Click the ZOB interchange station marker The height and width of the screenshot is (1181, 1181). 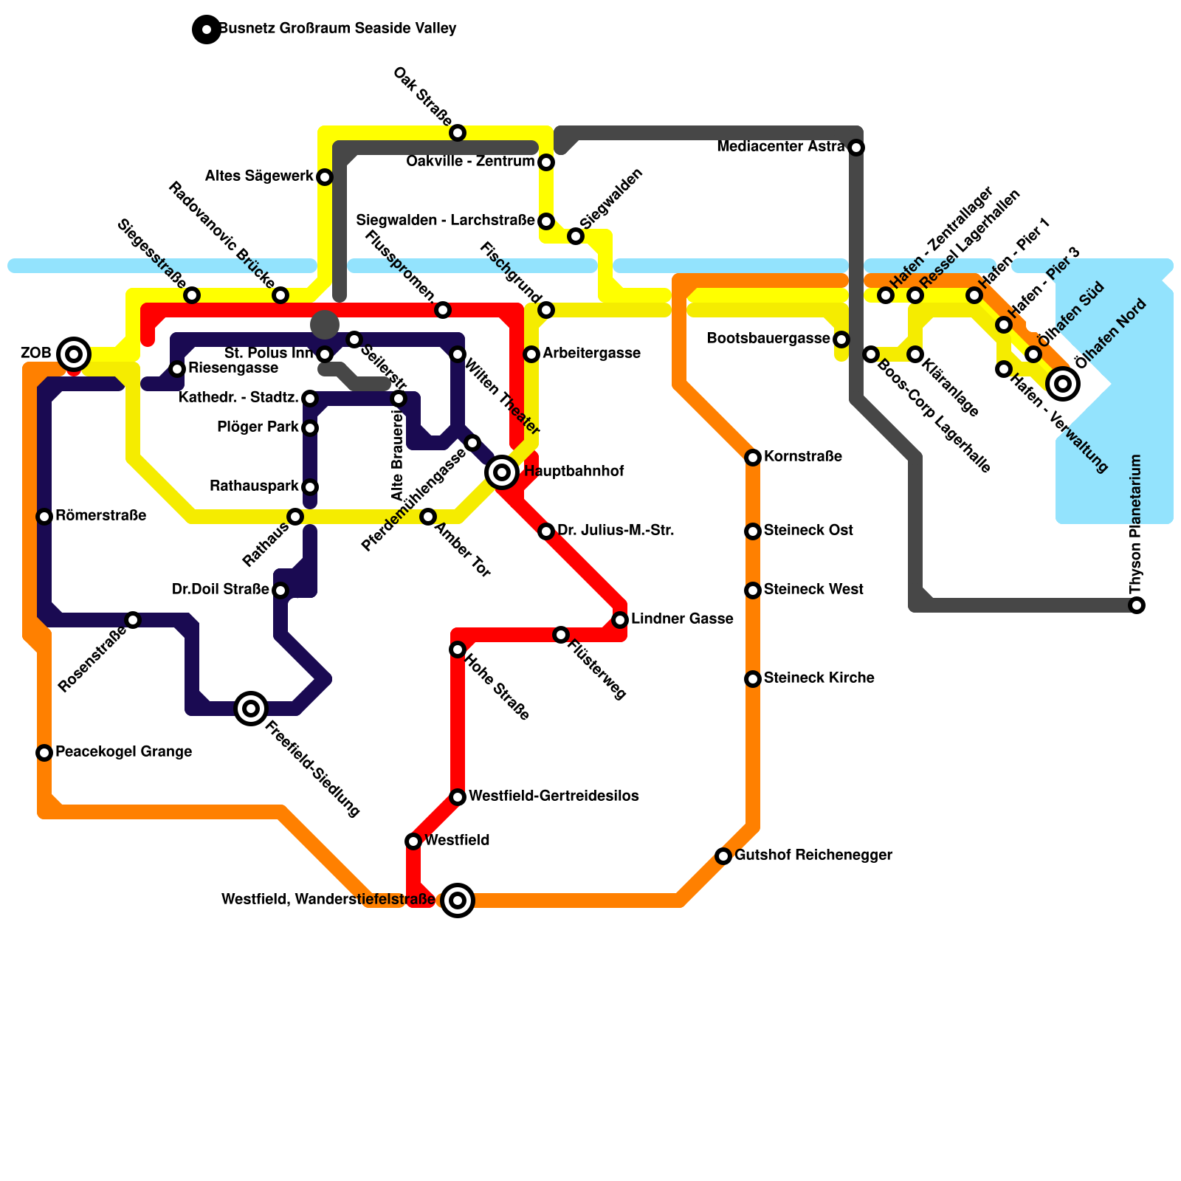[x=73, y=354]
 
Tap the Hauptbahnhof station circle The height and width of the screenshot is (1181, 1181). [x=502, y=472]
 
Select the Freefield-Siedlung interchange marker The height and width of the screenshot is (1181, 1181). [x=251, y=709]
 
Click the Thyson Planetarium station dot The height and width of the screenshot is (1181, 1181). [x=1137, y=605]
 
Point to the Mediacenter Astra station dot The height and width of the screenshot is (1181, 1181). [x=856, y=148]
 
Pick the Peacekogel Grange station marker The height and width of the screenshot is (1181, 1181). [x=44, y=753]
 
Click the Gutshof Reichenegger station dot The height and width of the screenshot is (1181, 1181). [x=723, y=856]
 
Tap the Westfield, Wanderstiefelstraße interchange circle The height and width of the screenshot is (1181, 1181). [x=458, y=901]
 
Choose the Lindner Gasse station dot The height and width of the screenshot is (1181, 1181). [x=620, y=620]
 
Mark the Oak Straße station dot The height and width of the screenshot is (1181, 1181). [x=458, y=133]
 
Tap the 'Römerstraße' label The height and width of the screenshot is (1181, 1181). [x=100, y=515]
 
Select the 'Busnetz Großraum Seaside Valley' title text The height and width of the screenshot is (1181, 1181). [x=338, y=29]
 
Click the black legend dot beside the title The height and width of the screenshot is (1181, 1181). [x=207, y=30]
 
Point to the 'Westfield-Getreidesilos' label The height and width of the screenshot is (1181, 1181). [x=554, y=796]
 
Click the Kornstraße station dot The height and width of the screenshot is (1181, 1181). [x=753, y=458]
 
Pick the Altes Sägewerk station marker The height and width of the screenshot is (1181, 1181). [x=325, y=177]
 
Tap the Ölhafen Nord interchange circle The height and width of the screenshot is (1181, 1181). [x=1063, y=383]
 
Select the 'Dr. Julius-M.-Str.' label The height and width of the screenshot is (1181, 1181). [x=616, y=530]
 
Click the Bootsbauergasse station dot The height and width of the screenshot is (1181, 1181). [x=841, y=340]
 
